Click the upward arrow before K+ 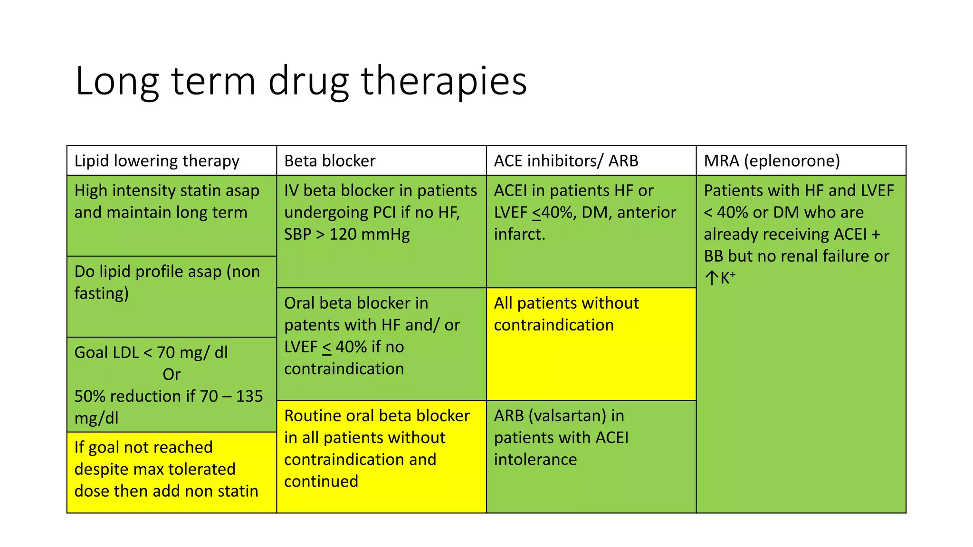(711, 278)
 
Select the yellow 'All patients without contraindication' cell (591, 344)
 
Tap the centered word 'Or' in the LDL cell (172, 375)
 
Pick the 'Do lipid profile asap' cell (172, 296)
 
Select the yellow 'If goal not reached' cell (172, 472)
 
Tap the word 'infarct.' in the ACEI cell (519, 235)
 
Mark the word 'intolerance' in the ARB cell (535, 460)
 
